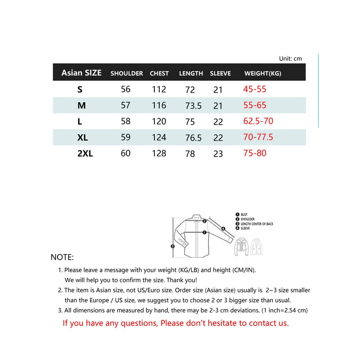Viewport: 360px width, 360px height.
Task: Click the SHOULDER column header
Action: click(x=126, y=73)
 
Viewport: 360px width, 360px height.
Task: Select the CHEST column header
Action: click(x=159, y=73)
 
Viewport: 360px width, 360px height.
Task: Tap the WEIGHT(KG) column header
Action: click(x=262, y=73)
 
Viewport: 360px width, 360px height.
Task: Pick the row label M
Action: click(x=81, y=106)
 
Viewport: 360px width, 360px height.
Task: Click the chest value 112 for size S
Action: click(x=159, y=90)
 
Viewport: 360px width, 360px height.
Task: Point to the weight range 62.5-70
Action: click(x=258, y=121)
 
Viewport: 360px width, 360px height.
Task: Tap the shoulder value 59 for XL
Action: click(x=126, y=138)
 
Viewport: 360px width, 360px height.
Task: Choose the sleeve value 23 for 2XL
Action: click(x=218, y=154)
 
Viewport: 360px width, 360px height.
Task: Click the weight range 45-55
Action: click(x=255, y=90)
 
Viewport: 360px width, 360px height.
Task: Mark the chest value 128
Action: click(x=159, y=154)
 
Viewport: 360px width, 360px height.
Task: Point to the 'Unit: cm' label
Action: click(x=290, y=58)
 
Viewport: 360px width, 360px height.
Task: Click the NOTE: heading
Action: click(x=62, y=257)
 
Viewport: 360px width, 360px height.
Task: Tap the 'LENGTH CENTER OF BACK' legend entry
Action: click(x=256, y=224)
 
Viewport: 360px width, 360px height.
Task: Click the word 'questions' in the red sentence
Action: click(x=137, y=323)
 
